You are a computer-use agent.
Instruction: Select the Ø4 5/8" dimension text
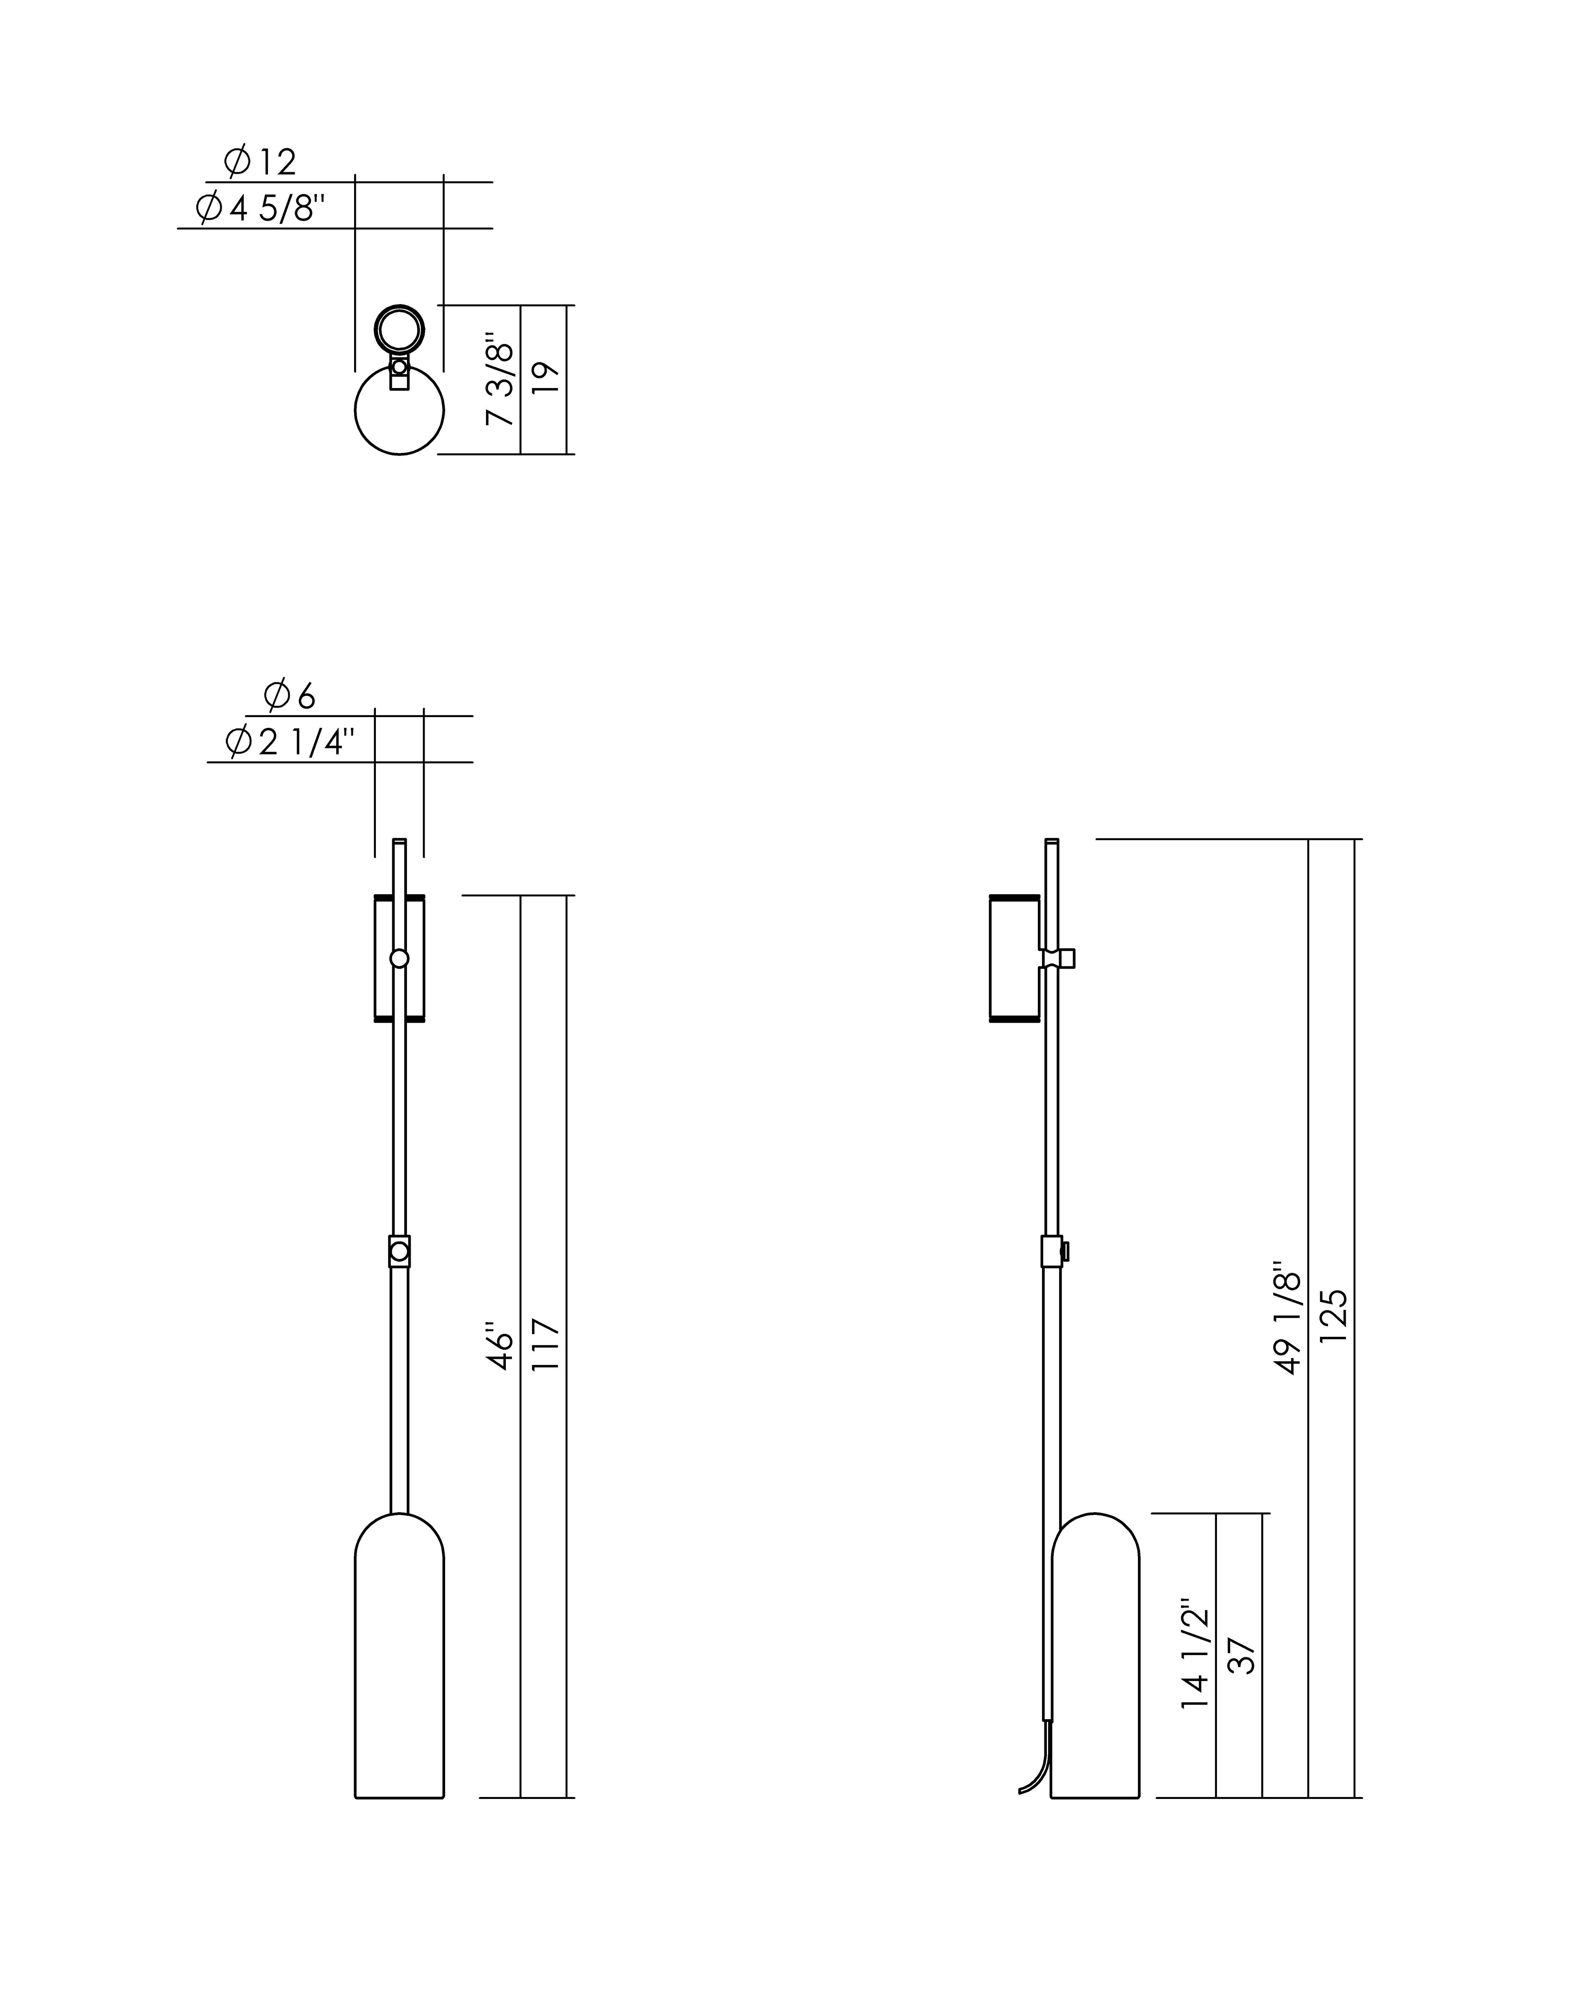click(261, 209)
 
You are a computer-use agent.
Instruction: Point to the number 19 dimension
click(546, 379)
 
